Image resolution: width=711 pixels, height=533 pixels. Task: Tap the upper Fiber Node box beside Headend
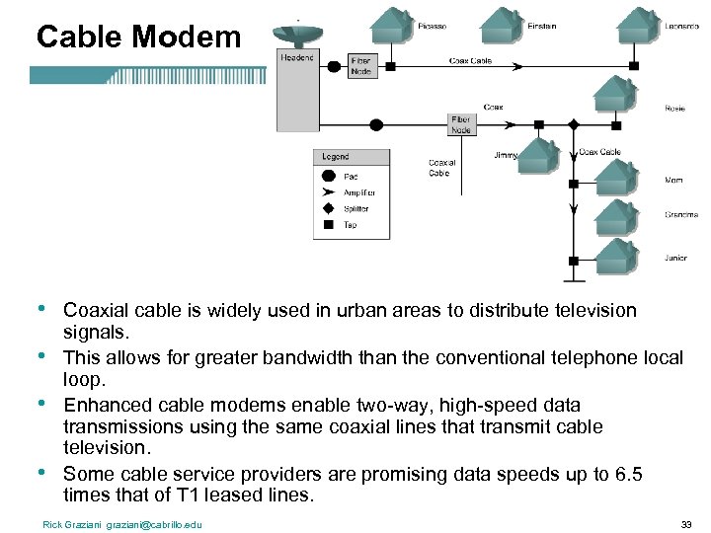tap(361, 65)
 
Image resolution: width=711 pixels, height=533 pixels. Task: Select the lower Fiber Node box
tap(461, 123)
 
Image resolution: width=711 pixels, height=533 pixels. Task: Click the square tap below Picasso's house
tap(389, 66)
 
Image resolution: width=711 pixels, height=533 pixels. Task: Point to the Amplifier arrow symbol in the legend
tap(329, 192)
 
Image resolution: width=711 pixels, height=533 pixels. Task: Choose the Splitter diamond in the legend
tap(329, 208)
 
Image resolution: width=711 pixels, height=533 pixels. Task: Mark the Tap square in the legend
tap(329, 224)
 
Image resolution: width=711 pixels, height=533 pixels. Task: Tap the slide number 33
tap(686, 523)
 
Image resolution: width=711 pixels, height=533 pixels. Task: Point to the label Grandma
tap(680, 214)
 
